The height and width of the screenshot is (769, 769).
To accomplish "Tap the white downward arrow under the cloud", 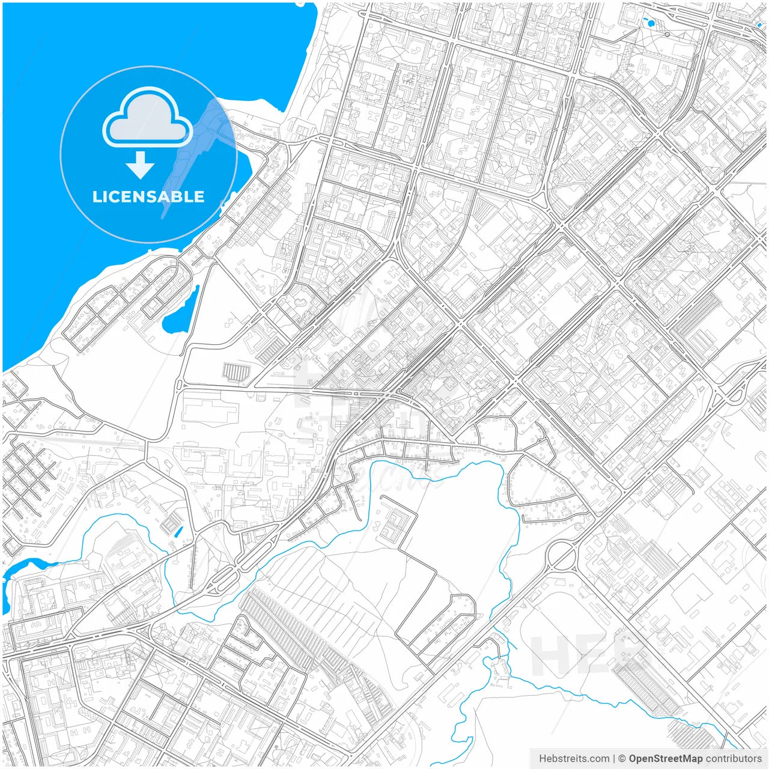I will coord(141,165).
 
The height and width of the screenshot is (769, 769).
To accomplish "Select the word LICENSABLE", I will coord(148,196).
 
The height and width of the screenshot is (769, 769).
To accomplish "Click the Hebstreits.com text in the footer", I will coord(574,759).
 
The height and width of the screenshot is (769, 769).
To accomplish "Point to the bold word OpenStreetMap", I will coord(666,759).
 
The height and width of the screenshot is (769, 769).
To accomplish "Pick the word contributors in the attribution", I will coord(734,759).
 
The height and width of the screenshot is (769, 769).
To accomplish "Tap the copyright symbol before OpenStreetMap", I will coord(622,759).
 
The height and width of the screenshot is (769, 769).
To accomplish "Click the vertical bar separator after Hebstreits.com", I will coord(615,759).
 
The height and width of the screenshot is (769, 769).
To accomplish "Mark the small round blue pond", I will coord(651,23).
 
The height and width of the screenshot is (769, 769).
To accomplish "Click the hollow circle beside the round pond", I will coord(667,35).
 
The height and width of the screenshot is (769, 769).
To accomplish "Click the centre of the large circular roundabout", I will coord(562,555).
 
